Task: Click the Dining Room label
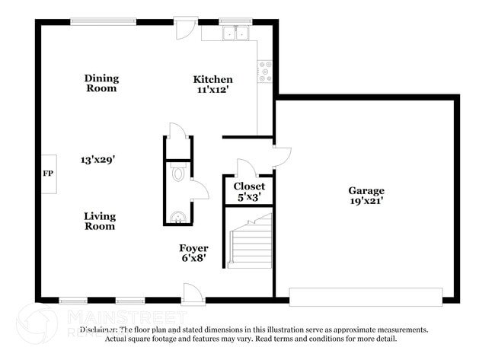pos(101,83)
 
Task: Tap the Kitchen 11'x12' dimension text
pos(212,89)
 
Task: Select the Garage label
pos(366,190)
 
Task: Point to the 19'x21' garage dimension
pos(366,201)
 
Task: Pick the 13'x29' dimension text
pos(98,160)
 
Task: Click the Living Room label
pos(100,221)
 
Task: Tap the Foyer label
pos(193,248)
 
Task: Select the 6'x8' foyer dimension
pos(193,259)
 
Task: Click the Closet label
pos(249,186)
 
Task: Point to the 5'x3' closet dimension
pos(249,196)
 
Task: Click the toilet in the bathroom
pos(178,174)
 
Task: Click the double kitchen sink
pos(235,33)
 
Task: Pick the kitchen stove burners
pos(266,72)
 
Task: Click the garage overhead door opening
pos(366,297)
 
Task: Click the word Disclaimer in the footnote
pos(98,330)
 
